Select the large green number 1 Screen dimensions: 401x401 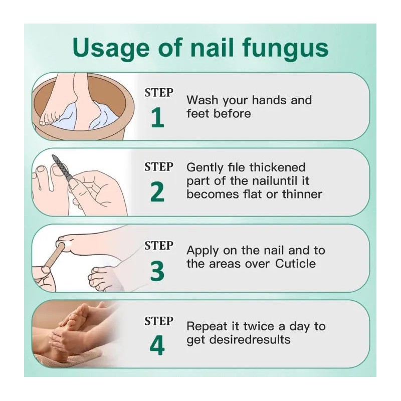pos(157,118)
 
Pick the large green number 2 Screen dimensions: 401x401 pos(157,192)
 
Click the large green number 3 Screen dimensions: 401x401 pos(157,271)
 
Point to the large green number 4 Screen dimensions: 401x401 pos(157,346)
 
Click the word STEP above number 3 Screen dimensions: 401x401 pos(159,246)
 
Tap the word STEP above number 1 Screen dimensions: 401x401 pos(159,93)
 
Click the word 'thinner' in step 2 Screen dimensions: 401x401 pos(302,194)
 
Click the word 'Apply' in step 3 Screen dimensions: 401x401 pos(203,250)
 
